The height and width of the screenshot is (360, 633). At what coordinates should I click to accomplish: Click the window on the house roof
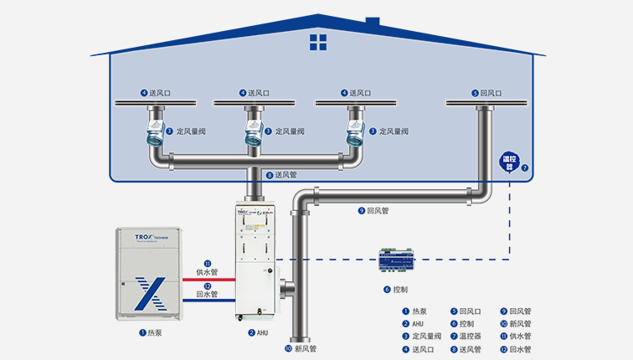click(318, 41)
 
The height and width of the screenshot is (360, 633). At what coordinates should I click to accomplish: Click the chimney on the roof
click(373, 21)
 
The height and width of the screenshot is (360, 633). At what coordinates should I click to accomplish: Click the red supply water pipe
click(204, 280)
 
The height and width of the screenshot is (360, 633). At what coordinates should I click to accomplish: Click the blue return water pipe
click(204, 301)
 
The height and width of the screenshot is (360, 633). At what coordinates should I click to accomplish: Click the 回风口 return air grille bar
click(485, 103)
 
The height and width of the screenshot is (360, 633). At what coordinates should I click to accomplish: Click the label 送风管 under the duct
click(286, 175)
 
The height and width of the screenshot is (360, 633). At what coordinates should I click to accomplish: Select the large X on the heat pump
click(148, 293)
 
